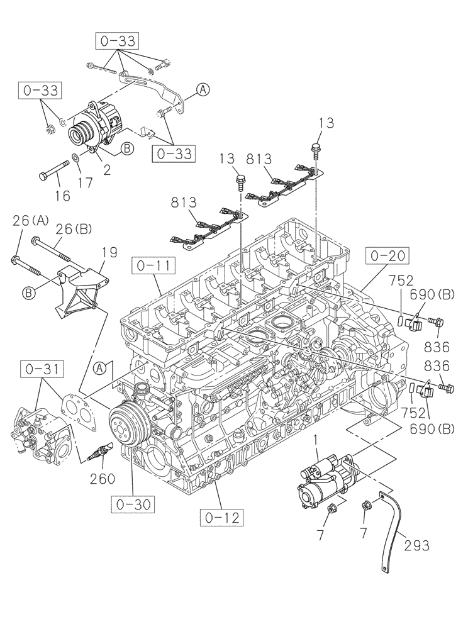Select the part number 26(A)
click(30, 221)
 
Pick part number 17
click(84, 182)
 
